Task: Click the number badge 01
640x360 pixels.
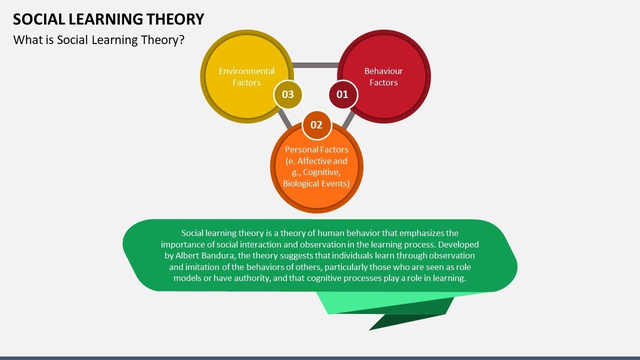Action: [342, 94]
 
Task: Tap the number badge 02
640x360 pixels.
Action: [316, 125]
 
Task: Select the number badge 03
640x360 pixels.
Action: [288, 94]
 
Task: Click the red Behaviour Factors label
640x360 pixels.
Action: [383, 77]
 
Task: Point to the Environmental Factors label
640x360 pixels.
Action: [246, 77]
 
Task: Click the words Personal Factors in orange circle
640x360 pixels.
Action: [316, 149]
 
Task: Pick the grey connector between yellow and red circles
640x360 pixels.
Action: [315, 65]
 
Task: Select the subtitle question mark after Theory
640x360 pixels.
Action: [181, 40]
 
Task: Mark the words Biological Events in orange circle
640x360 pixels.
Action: [316, 183]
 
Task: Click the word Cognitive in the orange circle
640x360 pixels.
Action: [321, 172]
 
